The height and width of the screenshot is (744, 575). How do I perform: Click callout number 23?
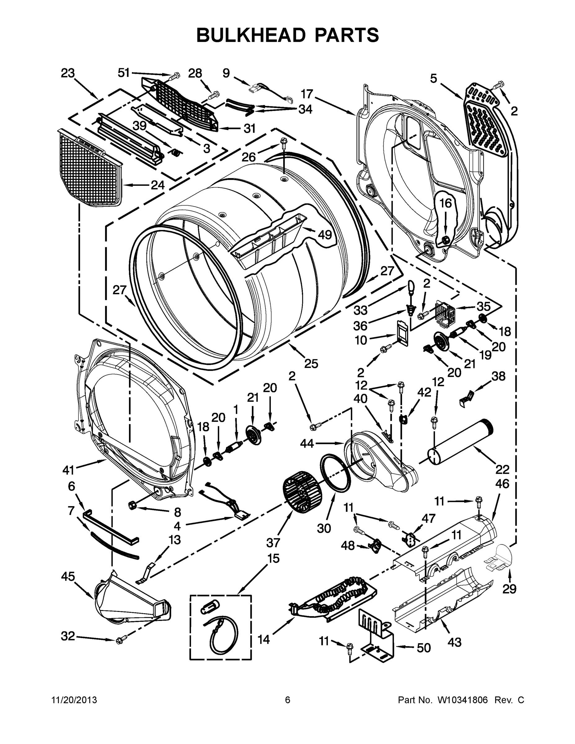(68, 73)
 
